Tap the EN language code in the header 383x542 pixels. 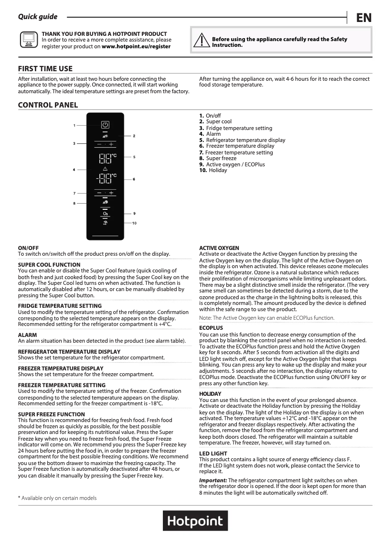coord(363,18)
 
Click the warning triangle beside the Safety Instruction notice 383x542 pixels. coord(203,42)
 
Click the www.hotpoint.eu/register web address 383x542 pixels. coord(136,46)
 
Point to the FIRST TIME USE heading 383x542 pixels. coord(45,69)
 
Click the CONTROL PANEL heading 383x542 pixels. coord(48,105)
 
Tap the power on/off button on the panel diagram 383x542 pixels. coord(105,125)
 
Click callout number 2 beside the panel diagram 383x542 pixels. coord(134,136)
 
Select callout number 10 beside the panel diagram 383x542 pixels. coord(135,223)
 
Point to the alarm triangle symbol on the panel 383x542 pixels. coord(105,169)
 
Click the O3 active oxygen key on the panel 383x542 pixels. coord(105,213)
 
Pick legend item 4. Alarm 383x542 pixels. coord(210,134)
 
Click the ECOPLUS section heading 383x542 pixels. coord(211,328)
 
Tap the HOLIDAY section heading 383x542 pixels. coord(210,393)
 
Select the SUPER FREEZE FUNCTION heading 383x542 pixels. coord(52,414)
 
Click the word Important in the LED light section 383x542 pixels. coord(213,480)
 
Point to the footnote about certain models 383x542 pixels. coord(57,498)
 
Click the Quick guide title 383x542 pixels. coord(38,17)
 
